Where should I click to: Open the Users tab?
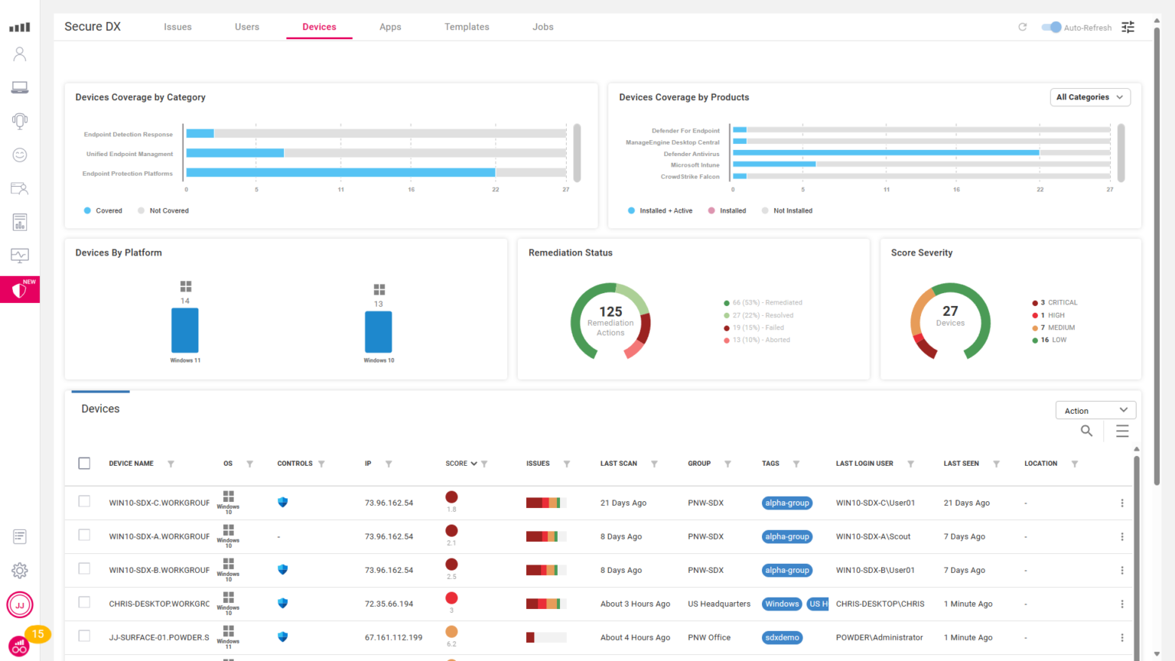[246, 27]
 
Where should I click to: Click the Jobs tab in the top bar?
[542, 27]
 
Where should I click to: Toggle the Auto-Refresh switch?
[1052, 28]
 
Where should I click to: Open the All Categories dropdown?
[1089, 97]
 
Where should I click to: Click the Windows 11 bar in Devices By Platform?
[185, 330]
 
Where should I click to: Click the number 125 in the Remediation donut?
[610, 311]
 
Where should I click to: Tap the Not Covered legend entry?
[168, 210]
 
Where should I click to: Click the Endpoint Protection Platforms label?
[128, 174]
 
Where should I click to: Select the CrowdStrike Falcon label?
[690, 177]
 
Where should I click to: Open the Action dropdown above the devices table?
[1095, 411]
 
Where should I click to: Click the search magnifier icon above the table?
[1086, 431]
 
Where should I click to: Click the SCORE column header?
[457, 464]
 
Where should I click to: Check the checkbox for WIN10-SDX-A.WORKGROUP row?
[84, 536]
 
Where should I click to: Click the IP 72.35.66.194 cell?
[389, 604]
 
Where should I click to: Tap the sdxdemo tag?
[782, 637]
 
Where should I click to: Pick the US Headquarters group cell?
[719, 604]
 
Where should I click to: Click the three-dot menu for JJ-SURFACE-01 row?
[1122, 637]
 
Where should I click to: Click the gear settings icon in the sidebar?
[20, 570]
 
